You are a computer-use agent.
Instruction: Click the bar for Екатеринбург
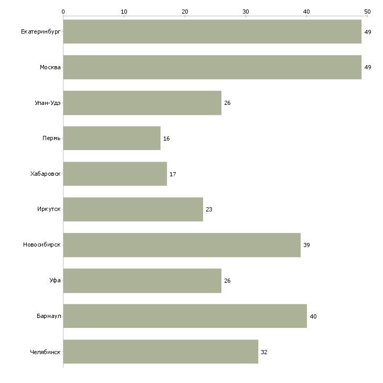pyautogui.click(x=212, y=32)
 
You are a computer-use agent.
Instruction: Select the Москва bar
pyautogui.click(x=212, y=67)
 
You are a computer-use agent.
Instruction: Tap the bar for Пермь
pyautogui.click(x=112, y=139)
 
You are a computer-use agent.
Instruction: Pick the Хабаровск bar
pyautogui.click(x=115, y=174)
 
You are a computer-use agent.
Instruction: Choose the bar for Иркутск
pyautogui.click(x=133, y=209)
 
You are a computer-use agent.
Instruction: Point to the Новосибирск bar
pyautogui.click(x=182, y=245)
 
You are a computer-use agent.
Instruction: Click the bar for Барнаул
pyautogui.click(x=185, y=316)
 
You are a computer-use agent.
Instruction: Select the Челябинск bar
pyautogui.click(x=161, y=352)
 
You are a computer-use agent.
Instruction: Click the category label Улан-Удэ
pyautogui.click(x=48, y=103)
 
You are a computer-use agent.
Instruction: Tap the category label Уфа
pyautogui.click(x=55, y=280)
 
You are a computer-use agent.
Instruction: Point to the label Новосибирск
pyautogui.click(x=42, y=244)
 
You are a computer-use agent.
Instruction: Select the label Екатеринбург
pyautogui.click(x=41, y=32)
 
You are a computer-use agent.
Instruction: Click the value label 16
pyautogui.click(x=166, y=139)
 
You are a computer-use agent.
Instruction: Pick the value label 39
pyautogui.click(x=306, y=245)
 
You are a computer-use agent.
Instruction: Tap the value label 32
pyautogui.click(x=264, y=352)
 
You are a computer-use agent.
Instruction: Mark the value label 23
pyautogui.click(x=209, y=209)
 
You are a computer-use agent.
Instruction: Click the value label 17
pyautogui.click(x=173, y=174)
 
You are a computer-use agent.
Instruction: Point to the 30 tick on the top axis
pyautogui.click(x=246, y=16)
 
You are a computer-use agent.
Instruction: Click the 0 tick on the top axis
pyautogui.click(x=63, y=16)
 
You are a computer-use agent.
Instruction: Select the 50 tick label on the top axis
pyautogui.click(x=367, y=12)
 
